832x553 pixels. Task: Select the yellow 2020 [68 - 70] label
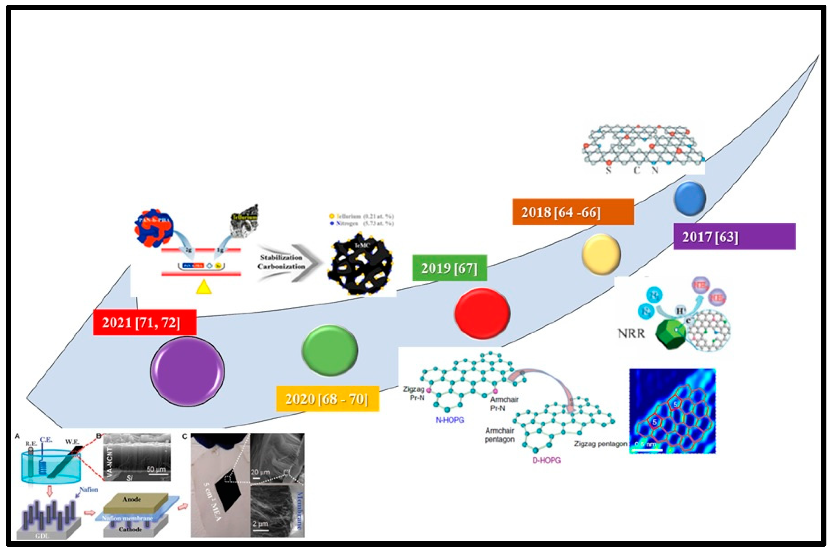coord(327,399)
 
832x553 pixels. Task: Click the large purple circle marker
coord(187,371)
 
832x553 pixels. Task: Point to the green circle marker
coord(330,350)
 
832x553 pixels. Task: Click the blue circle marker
coord(690,199)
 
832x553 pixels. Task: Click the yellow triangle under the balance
coord(203,287)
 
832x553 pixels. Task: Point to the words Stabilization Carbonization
coord(281,262)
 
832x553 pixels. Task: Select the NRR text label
coord(631,333)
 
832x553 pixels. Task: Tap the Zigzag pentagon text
coord(600,444)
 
